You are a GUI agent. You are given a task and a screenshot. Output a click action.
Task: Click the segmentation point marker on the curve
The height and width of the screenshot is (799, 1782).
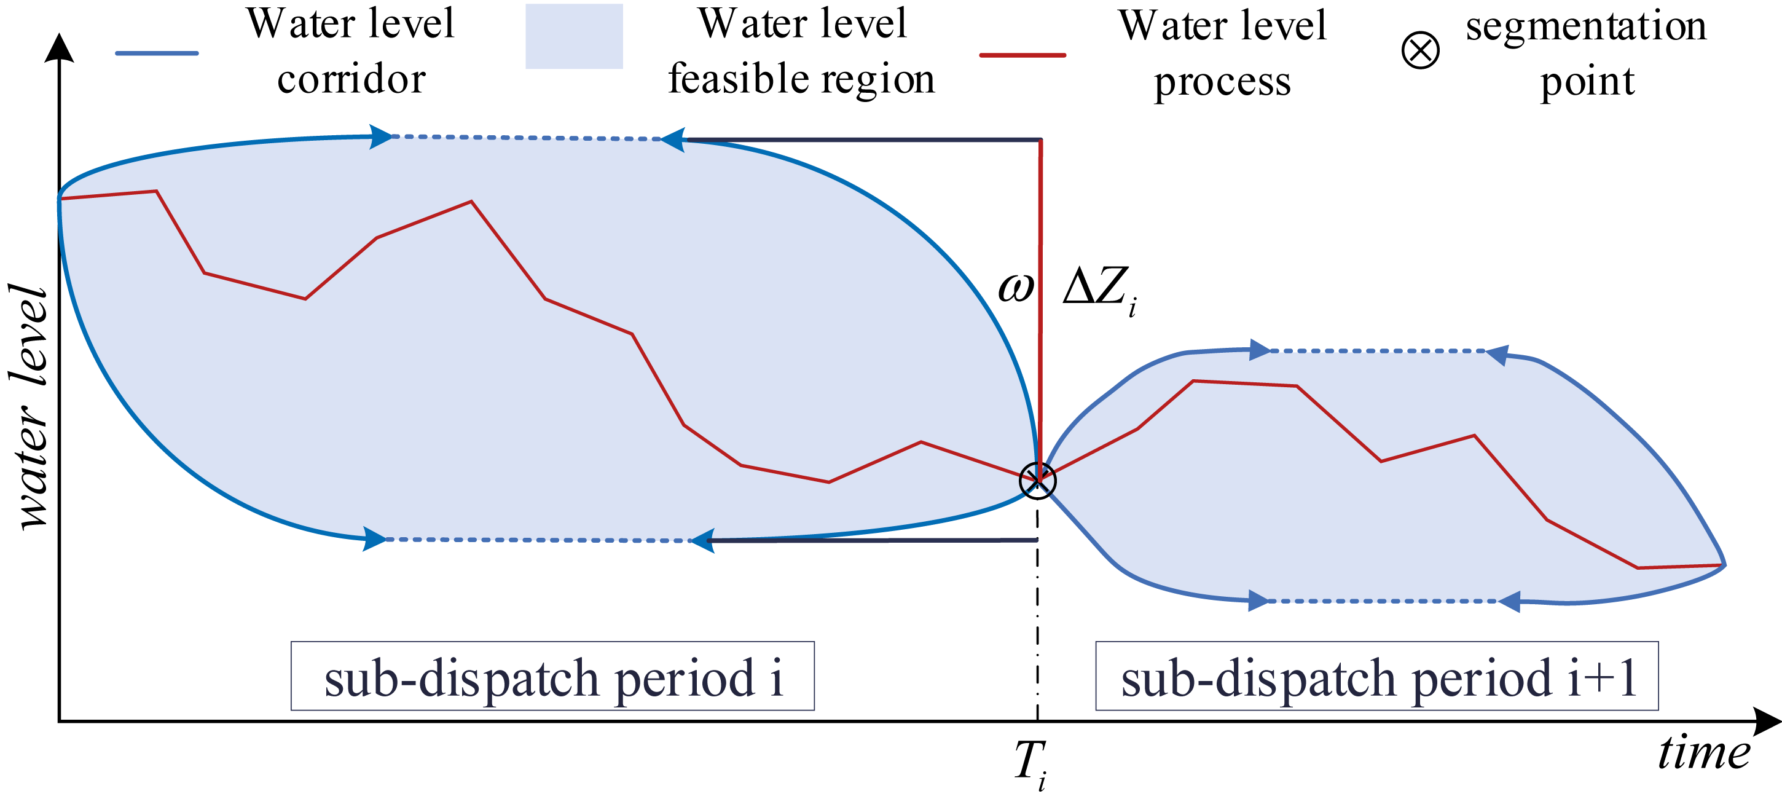[1037, 480]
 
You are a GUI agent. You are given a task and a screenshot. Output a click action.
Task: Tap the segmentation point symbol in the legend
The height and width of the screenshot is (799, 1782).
[1420, 50]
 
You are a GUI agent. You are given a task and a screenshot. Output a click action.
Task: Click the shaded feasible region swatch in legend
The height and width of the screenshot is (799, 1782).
[573, 37]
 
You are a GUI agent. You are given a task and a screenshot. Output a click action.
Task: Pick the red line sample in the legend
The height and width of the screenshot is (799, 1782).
[1022, 55]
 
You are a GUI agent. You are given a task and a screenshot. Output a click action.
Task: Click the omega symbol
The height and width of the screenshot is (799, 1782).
[1015, 287]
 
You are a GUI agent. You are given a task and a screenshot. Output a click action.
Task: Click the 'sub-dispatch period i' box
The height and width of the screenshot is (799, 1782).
[552, 676]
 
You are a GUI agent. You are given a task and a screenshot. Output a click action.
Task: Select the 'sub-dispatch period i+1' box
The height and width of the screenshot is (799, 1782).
[1376, 676]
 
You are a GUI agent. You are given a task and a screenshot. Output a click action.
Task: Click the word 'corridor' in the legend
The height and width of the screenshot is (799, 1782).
[351, 79]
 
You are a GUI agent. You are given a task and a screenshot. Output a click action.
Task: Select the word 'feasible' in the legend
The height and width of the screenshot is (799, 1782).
[740, 78]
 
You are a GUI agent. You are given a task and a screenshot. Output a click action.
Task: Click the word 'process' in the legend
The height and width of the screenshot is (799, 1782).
[1222, 82]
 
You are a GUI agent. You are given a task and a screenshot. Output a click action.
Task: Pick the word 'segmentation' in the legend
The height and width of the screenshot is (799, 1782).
[1586, 26]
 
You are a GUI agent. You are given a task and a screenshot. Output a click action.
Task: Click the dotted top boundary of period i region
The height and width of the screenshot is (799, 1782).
[526, 138]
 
